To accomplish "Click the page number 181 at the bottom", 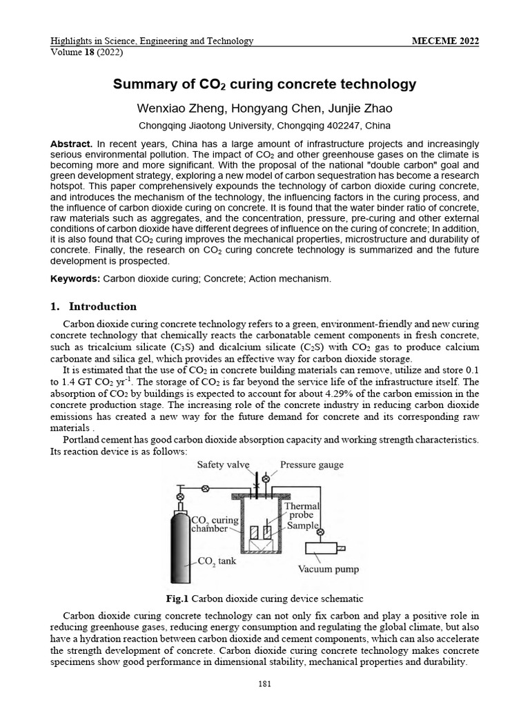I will tap(265, 684).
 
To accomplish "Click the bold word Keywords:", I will tap(75, 278).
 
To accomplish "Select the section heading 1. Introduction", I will tap(94, 307).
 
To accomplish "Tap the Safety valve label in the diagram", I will tap(223, 465).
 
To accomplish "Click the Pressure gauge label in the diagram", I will tap(312, 465).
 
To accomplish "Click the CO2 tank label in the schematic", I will tap(216, 561).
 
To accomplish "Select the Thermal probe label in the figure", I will tap(302, 510).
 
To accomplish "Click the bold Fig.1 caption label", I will tap(179, 598).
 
